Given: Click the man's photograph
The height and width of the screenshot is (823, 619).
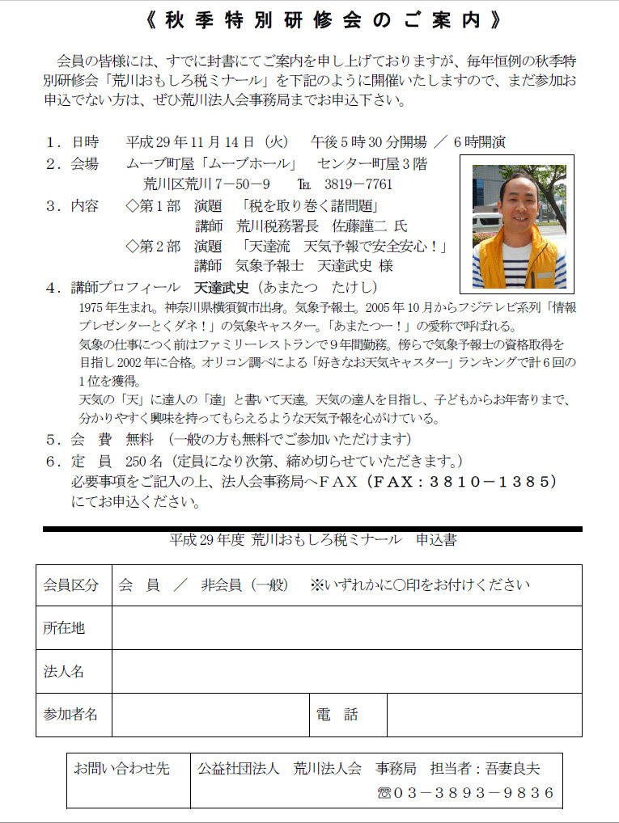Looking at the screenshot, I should click(518, 224).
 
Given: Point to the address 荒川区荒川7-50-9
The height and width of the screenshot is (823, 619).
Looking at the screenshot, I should click(207, 184).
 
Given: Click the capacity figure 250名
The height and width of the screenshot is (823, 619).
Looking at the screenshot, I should click(145, 461).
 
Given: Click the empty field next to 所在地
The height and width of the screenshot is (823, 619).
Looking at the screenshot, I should click(346, 627).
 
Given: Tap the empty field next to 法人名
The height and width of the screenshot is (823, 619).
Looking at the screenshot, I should click(346, 671).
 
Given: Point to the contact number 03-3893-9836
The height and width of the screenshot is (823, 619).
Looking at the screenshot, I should click(474, 792).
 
